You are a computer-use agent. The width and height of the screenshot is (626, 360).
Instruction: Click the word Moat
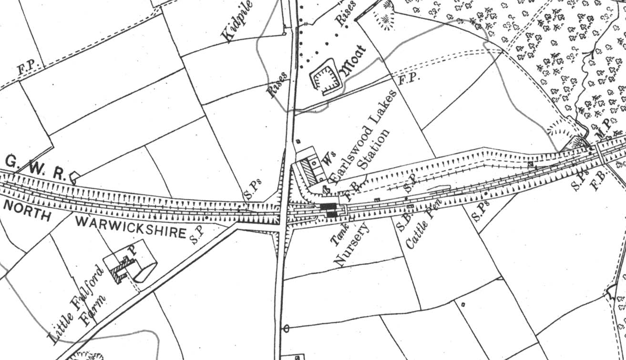pyautogui.click(x=353, y=61)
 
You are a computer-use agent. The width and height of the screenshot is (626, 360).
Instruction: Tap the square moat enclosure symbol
pyautogui.click(x=326, y=76)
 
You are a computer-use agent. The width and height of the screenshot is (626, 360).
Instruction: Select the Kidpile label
pyautogui.click(x=235, y=25)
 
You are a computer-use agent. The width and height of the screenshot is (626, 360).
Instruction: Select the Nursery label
pyautogui.click(x=353, y=245)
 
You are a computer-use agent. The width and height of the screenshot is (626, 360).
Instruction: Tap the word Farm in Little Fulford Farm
pyautogui.click(x=92, y=310)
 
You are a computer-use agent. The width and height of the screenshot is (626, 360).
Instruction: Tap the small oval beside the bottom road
pyautogui.click(x=286, y=329)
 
